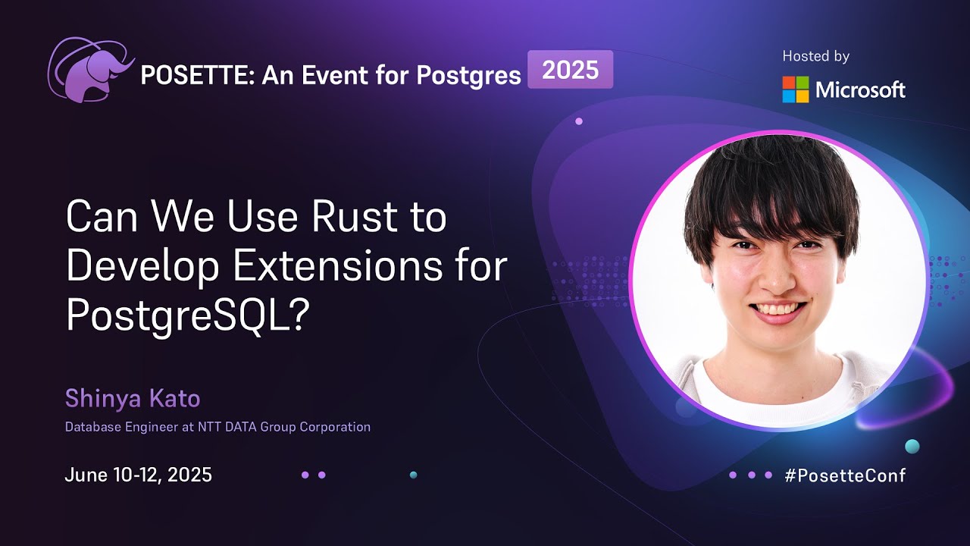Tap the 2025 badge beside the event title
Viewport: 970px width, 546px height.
(570, 70)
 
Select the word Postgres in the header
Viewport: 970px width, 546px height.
(469, 75)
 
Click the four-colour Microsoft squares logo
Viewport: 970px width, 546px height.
(796, 89)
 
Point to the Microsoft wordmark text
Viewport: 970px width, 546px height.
(860, 90)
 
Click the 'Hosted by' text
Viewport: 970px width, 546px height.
(815, 56)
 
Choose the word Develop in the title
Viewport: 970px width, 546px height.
(142, 267)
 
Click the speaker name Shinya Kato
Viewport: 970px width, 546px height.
(132, 398)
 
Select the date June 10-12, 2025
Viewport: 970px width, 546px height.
(138, 475)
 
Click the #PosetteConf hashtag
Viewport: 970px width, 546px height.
(845, 475)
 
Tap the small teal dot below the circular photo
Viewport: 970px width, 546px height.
(912, 446)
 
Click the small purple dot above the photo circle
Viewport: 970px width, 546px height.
(579, 121)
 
